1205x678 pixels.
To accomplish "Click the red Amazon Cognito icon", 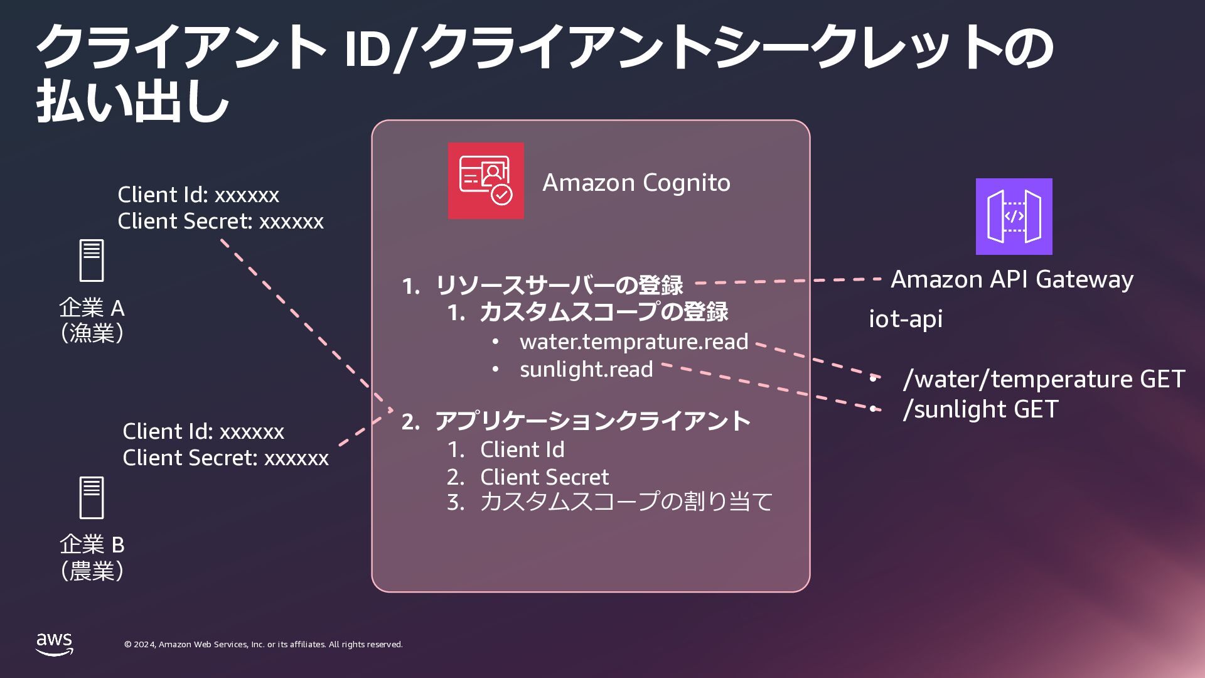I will click(x=486, y=181).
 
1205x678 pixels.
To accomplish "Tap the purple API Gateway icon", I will click(x=1014, y=217).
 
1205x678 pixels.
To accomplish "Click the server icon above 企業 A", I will click(x=92, y=261).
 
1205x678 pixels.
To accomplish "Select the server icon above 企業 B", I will click(x=92, y=497).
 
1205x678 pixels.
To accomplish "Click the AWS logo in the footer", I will click(x=55, y=644).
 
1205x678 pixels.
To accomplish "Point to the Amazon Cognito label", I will click(x=636, y=183).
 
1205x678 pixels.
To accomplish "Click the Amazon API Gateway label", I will click(x=1012, y=279).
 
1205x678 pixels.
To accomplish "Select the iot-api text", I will click(x=906, y=319).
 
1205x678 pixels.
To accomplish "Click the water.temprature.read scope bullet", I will click(x=634, y=342).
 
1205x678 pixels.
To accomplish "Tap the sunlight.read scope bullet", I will click(x=586, y=369).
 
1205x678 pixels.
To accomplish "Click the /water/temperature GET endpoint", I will click(x=1043, y=379).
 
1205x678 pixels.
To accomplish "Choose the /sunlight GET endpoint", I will click(x=980, y=409).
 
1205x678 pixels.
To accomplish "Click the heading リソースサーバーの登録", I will click(x=559, y=286).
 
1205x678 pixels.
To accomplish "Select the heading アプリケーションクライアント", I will click(x=592, y=421).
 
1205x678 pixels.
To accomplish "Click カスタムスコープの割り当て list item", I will click(x=626, y=502).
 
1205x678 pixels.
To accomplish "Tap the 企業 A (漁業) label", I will click(x=92, y=320).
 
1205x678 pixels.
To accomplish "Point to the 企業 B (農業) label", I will click(x=92, y=557).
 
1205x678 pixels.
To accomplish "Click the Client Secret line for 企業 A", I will click(x=220, y=222).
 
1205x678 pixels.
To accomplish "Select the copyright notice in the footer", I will click(x=264, y=645).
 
